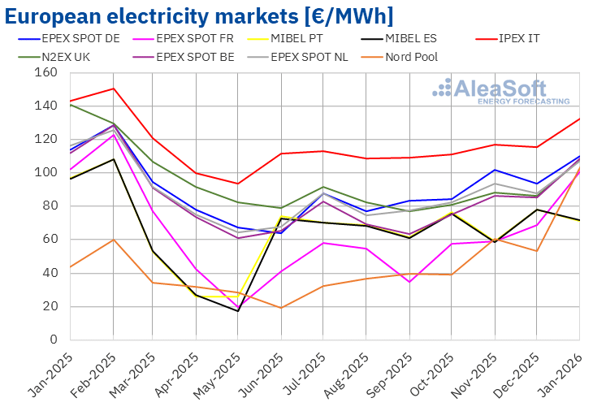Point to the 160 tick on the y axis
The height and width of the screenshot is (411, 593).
[45, 72]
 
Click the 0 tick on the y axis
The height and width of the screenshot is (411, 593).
[52, 340]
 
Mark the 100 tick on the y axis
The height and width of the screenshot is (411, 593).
[45, 172]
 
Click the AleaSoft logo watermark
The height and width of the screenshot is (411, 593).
[502, 91]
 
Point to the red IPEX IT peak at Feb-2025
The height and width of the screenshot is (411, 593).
[114, 89]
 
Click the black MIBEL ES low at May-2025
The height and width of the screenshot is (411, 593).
[238, 311]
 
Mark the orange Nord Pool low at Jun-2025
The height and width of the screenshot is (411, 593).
[280, 308]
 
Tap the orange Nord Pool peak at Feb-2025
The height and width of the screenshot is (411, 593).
[114, 240]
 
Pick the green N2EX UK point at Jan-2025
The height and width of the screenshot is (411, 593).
[71, 105]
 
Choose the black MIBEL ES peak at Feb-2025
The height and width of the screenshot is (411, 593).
[114, 159]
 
